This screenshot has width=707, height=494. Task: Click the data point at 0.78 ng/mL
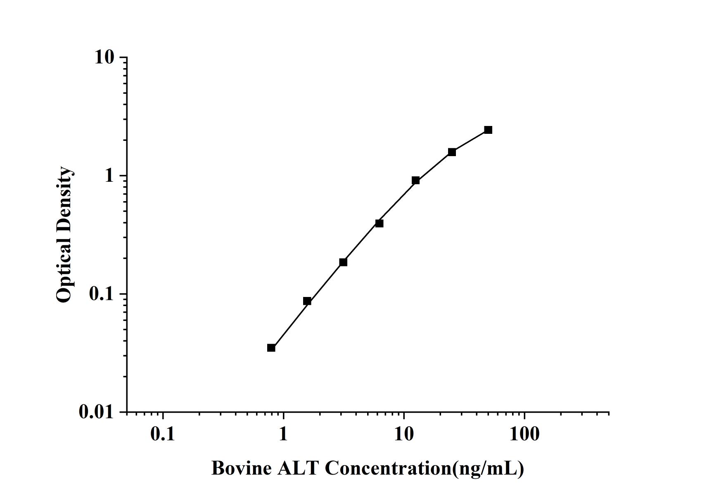coord(271,348)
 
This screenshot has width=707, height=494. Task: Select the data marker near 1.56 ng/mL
coord(307,301)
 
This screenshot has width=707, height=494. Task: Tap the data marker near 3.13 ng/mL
coord(343,262)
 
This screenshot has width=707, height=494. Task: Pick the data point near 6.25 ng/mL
coord(379,223)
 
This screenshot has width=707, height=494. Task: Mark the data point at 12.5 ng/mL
coord(415,180)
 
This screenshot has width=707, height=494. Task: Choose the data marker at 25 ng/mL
coord(452,152)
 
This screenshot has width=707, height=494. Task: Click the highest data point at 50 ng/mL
coord(488,130)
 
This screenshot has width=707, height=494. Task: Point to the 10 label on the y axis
coord(104,57)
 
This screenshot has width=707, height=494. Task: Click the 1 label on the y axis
coord(109,176)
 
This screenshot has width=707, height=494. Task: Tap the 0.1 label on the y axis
coord(101,294)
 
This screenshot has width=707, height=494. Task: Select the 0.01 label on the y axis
coord(96,412)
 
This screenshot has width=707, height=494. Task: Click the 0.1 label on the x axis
coord(162,434)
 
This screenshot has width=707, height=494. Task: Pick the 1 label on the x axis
coord(283,434)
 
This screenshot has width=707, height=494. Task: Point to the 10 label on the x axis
coord(403,434)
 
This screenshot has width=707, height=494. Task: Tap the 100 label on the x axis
coord(524,434)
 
